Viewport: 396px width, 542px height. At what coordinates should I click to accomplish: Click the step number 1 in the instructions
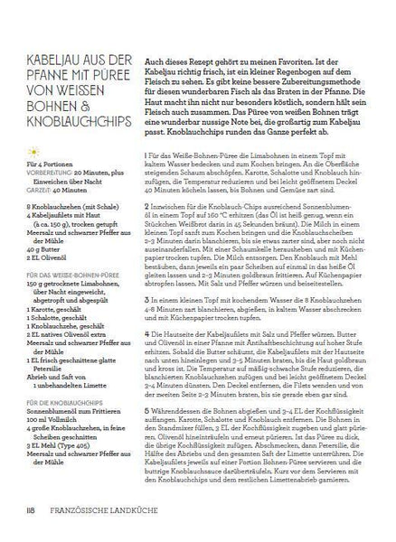point(146,132)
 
